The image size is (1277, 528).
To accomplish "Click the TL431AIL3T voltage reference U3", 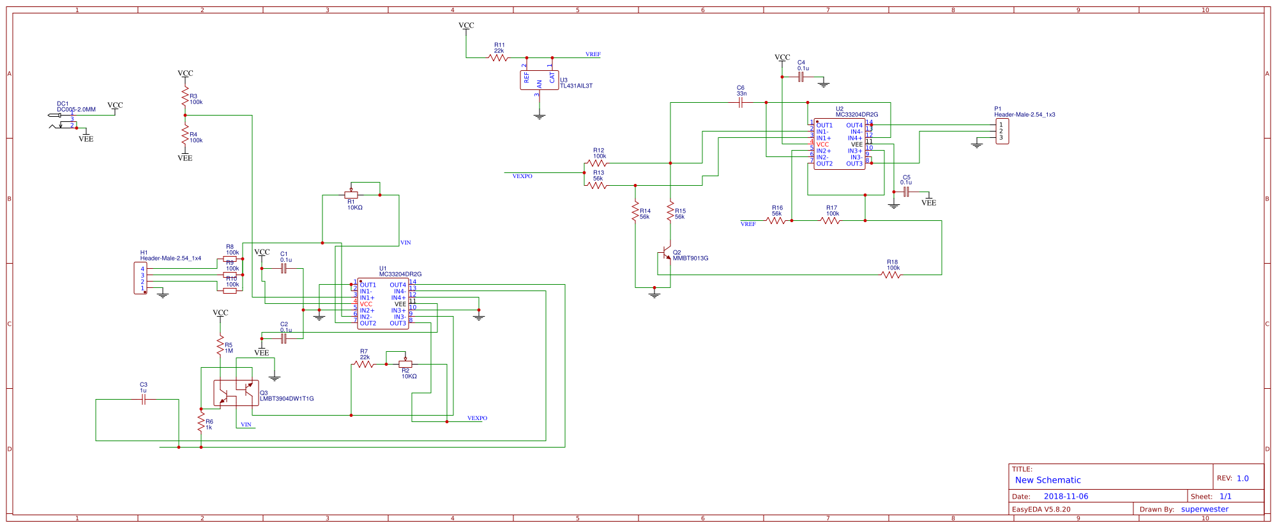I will pyautogui.click(x=540, y=80).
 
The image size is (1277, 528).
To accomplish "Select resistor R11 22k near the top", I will pyautogui.click(x=498, y=57).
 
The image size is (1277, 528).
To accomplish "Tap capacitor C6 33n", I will pyautogui.click(x=741, y=102).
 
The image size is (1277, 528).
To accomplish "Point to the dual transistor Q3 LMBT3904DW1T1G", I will pyautogui.click(x=236, y=393).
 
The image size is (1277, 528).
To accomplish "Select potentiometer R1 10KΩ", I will pyautogui.click(x=351, y=195).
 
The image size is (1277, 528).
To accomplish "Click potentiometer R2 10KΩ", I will pyautogui.click(x=405, y=364).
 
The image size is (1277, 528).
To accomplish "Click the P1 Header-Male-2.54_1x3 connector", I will pyautogui.click(x=1002, y=131).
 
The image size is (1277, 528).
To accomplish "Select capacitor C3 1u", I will pyautogui.click(x=144, y=399).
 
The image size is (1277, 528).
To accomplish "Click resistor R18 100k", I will pyautogui.click(x=891, y=275).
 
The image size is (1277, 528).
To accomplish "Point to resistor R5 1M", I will pyautogui.click(x=220, y=345).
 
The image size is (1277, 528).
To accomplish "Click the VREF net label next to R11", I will pyautogui.click(x=593, y=54).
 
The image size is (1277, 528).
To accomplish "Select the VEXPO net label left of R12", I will pyautogui.click(x=522, y=176).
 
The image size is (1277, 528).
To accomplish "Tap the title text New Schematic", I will pyautogui.click(x=1048, y=480).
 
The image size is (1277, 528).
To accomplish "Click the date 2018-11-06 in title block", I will pyautogui.click(x=1066, y=496).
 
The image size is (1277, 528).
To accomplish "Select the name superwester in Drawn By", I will pyautogui.click(x=1204, y=509).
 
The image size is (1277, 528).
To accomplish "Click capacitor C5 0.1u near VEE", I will pyautogui.click(x=905, y=192).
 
